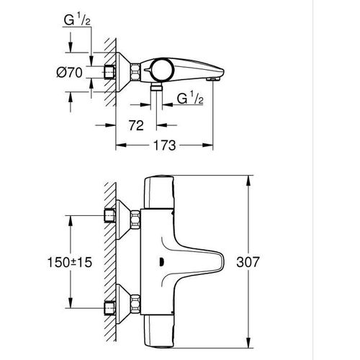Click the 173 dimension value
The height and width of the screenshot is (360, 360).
tap(164, 145)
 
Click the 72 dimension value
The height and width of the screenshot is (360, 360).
tap(136, 125)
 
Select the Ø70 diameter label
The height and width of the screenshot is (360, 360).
tap(69, 72)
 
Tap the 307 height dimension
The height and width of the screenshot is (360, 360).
tap(248, 262)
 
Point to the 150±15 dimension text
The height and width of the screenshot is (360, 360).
tap(70, 262)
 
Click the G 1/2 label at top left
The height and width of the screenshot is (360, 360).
tap(77, 19)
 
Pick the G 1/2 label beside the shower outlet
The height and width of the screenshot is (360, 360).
tap(190, 98)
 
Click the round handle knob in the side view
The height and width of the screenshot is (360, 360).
tap(163, 70)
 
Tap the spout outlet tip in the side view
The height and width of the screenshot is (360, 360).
tap(214, 79)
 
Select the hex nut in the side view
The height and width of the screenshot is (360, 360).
tap(135, 71)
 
